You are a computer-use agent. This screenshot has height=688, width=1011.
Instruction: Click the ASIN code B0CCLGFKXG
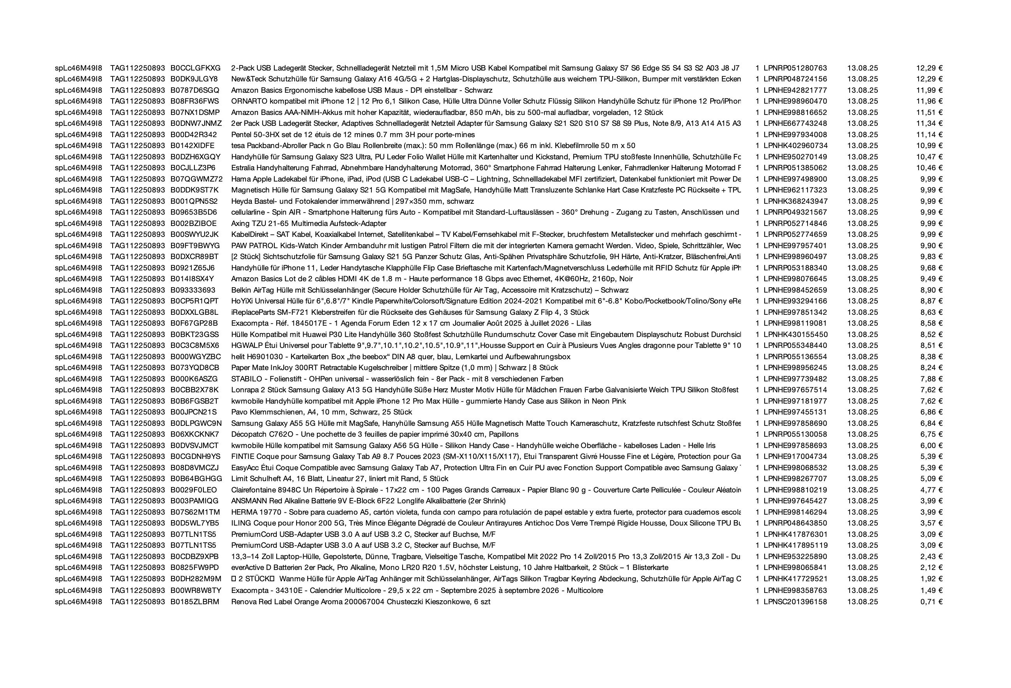pyautogui.click(x=195, y=68)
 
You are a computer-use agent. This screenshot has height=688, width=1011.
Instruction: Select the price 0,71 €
pyautogui.click(x=931, y=602)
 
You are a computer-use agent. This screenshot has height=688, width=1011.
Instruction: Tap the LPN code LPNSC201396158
pyautogui.click(x=795, y=602)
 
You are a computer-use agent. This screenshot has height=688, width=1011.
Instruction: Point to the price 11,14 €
pyautogui.click(x=930, y=135)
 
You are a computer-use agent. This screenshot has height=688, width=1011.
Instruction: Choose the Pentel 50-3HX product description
pyautogui.click(x=353, y=135)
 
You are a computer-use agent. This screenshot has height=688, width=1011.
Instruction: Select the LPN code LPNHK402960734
pyautogui.click(x=795, y=146)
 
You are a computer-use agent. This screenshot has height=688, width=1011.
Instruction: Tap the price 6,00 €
pyautogui.click(x=931, y=445)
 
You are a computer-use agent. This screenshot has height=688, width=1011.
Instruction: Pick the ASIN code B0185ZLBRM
pyautogui.click(x=194, y=602)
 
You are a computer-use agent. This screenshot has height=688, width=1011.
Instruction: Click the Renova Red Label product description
pyautogui.click(x=361, y=602)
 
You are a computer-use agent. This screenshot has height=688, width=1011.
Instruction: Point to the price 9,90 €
pyautogui.click(x=931, y=246)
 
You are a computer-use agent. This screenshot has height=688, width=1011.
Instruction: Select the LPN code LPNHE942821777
pyautogui.click(x=795, y=90)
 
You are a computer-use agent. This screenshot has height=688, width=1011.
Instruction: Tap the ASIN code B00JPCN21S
pyautogui.click(x=193, y=412)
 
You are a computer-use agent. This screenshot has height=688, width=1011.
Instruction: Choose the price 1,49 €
pyautogui.click(x=931, y=591)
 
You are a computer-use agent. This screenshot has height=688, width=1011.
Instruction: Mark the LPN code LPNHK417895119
pyautogui.click(x=795, y=545)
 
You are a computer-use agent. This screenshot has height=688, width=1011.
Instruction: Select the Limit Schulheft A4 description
pyautogui.click(x=339, y=479)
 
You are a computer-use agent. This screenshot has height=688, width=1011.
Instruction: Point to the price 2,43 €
pyautogui.click(x=931, y=557)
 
